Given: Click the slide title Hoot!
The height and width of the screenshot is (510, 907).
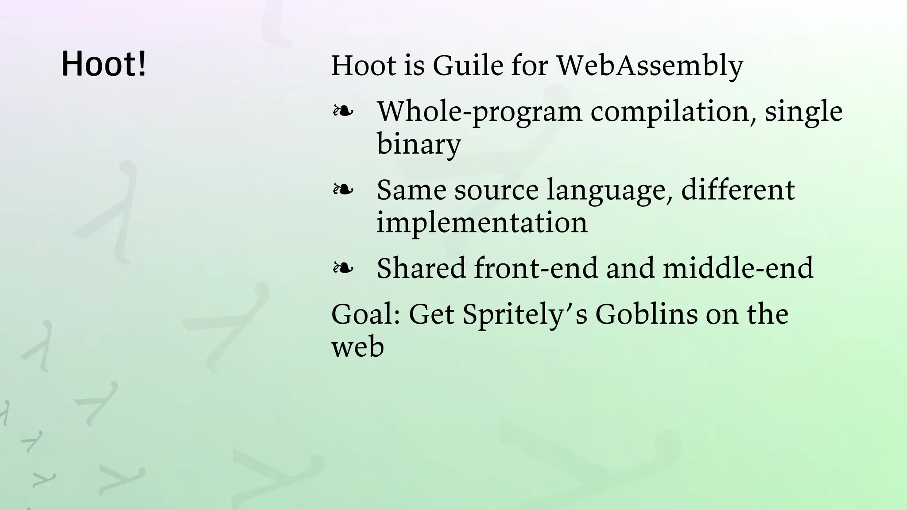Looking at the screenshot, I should [x=104, y=64].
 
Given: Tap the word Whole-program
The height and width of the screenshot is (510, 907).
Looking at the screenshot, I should [x=479, y=112].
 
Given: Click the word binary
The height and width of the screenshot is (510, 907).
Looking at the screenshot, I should [x=419, y=144].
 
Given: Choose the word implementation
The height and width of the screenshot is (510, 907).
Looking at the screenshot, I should [x=482, y=222].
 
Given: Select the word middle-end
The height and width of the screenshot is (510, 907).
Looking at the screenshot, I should [x=738, y=268].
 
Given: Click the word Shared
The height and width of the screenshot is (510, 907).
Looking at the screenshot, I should [x=421, y=268].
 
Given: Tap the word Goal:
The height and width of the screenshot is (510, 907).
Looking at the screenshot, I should [x=366, y=314].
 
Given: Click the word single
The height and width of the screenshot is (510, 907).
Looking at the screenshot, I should [x=803, y=112].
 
